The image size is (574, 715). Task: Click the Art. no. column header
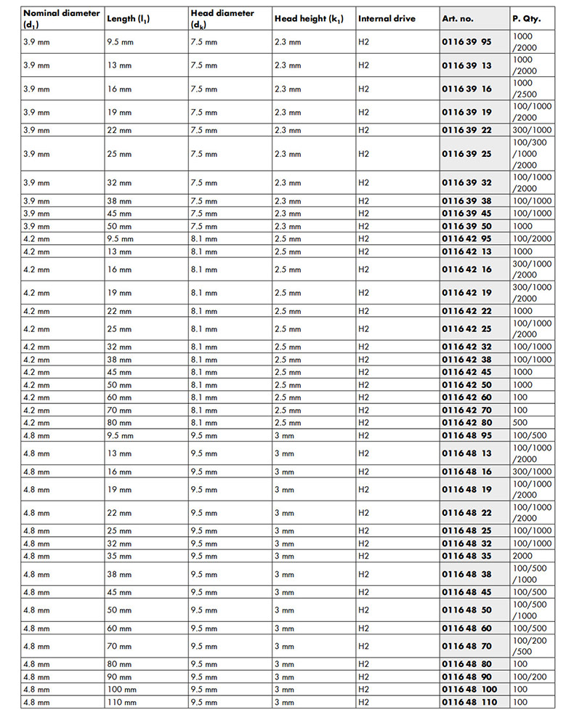click(459, 18)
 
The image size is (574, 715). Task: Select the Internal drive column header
click(387, 18)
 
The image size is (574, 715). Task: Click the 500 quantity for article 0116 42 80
click(520, 423)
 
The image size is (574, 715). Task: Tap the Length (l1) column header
click(131, 18)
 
